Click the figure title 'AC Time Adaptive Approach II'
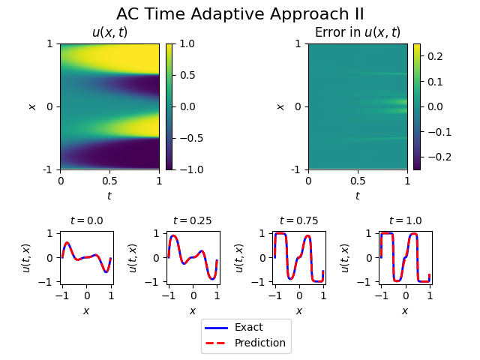[240, 14]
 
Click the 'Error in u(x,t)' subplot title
[357, 32]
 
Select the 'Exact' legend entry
[248, 327]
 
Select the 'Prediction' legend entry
[259, 343]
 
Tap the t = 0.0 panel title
[86, 220]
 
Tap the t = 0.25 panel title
[192, 220]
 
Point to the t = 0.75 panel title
[298, 220]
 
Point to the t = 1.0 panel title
[405, 220]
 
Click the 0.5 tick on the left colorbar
[188, 75]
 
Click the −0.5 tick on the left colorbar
[191, 138]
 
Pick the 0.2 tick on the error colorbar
[436, 56]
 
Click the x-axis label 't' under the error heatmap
[357, 196]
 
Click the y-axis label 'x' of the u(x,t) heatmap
[32, 106]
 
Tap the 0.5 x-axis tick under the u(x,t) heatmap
[109, 181]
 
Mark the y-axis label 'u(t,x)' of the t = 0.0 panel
[27, 257]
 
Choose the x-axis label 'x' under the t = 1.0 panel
[405, 310]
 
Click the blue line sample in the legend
[216, 327]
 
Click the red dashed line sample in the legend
[216, 343]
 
